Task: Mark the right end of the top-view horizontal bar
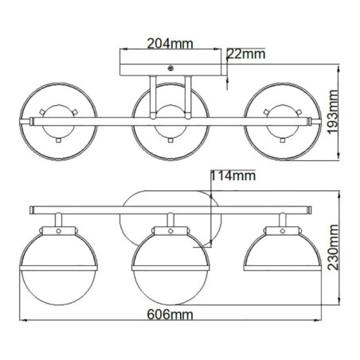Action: [x=310, y=121]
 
